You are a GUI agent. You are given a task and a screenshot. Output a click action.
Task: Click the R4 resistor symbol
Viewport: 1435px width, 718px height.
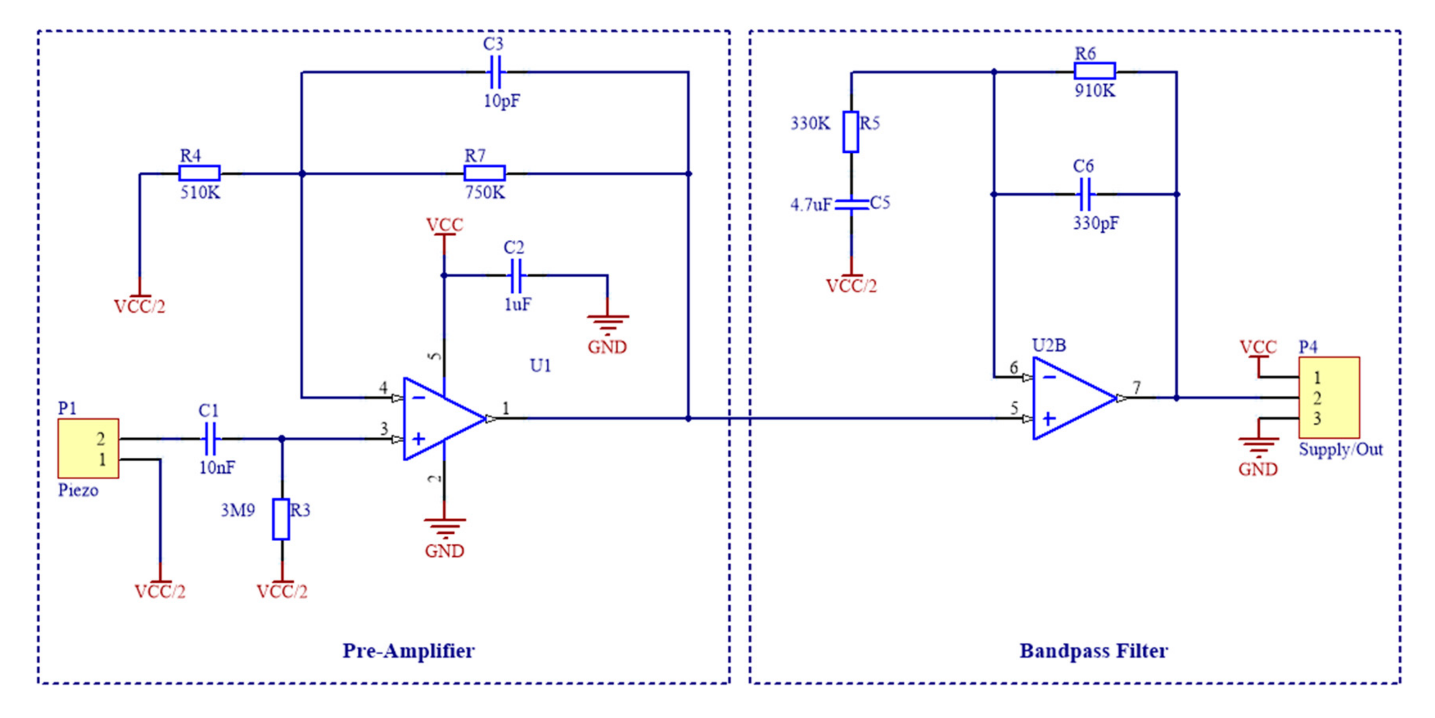[x=199, y=173]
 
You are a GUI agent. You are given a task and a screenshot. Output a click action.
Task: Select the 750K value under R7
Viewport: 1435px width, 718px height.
[x=485, y=193]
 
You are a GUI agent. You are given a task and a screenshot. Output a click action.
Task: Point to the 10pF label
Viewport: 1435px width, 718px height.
[x=501, y=101]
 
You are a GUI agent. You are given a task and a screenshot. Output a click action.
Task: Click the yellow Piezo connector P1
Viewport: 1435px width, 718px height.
[x=88, y=448]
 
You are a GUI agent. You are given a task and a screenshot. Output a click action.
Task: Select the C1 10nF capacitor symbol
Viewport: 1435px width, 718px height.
[x=211, y=439]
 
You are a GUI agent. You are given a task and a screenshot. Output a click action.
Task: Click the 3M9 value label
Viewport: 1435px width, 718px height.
[x=238, y=510]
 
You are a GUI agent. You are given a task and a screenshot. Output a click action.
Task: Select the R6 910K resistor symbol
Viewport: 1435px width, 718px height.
[x=1094, y=71]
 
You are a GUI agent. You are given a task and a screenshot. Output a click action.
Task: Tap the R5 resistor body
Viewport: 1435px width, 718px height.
[x=851, y=132]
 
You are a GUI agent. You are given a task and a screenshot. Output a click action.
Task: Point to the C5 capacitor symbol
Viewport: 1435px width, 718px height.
[x=851, y=205]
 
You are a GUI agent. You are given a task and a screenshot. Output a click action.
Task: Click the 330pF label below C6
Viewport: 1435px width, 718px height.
[x=1095, y=224]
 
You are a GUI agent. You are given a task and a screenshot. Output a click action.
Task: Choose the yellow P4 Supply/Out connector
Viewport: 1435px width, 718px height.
[x=1329, y=398]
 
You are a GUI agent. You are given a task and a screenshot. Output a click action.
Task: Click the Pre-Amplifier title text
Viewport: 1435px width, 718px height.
[x=408, y=650]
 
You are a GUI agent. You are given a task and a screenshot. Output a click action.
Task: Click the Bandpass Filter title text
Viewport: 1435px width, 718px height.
[x=1093, y=650]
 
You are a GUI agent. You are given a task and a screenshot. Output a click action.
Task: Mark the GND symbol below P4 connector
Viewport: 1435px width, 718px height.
[x=1258, y=446]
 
